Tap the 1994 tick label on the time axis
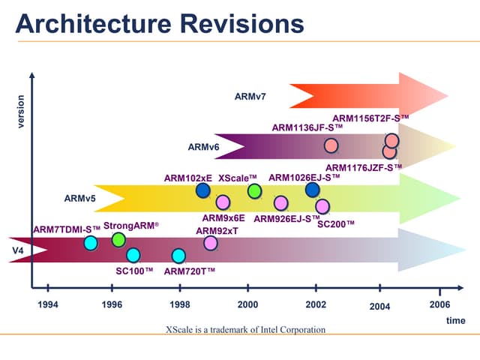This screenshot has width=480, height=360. click(47, 304)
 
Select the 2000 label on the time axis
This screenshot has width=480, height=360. click(247, 304)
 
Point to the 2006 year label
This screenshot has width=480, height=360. click(439, 304)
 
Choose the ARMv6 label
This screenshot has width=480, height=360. click(203, 147)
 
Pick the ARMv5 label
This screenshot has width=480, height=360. click(79, 199)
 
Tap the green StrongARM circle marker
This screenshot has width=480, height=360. click(118, 239)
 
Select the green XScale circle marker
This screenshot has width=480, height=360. click(255, 191)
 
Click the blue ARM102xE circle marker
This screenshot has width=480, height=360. click(203, 190)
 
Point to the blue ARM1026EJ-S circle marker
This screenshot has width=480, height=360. click(313, 190)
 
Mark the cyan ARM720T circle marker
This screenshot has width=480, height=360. click(178, 256)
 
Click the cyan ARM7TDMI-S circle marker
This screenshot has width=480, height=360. click(90, 242)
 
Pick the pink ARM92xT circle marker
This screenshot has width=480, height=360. click(211, 242)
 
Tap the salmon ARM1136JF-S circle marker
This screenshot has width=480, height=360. click(331, 145)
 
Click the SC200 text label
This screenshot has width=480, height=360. click(336, 223)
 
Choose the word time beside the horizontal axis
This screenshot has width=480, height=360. click(455, 320)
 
